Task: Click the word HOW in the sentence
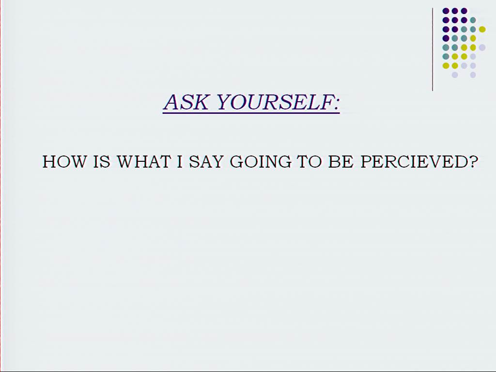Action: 64,162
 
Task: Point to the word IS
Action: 102,162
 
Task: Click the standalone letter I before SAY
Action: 180,162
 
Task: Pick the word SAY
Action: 206,162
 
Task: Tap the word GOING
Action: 261,162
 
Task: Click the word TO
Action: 309,162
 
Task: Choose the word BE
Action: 341,162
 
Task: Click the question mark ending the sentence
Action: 473,162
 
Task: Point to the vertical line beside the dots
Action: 433,49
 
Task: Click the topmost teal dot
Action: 473,20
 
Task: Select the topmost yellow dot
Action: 482,30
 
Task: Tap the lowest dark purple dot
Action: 446,38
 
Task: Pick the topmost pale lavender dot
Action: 482,47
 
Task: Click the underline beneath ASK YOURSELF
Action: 251,112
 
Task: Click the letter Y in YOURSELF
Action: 225,102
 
